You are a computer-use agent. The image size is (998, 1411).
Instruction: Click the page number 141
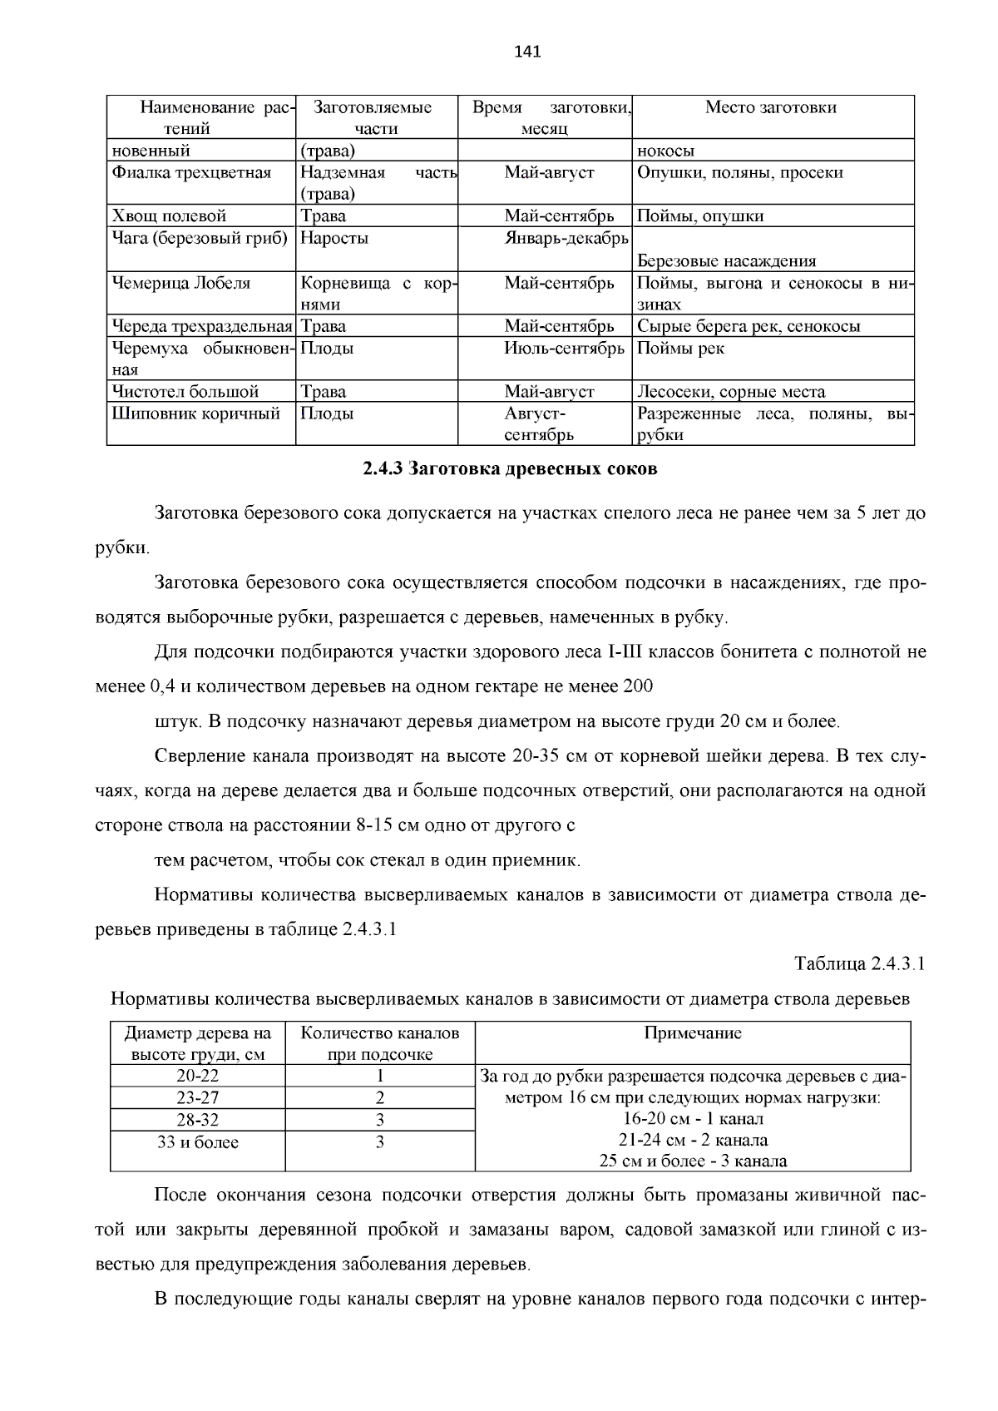(x=527, y=52)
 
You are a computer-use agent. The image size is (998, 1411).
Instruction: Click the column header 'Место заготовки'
(x=770, y=107)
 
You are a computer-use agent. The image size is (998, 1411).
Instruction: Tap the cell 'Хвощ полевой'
(x=170, y=216)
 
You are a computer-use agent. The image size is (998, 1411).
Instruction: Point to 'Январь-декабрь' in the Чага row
(x=566, y=239)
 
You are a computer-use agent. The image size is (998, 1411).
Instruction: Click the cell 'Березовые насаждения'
(x=726, y=261)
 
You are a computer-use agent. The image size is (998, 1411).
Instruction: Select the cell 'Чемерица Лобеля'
(x=181, y=283)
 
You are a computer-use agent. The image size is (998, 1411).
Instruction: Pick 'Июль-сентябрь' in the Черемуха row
(x=564, y=349)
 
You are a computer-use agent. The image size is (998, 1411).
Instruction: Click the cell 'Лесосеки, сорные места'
(x=731, y=392)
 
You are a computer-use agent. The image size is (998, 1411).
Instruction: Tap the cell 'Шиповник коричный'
(x=196, y=413)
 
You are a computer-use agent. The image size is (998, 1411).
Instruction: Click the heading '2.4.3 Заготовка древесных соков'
(x=510, y=469)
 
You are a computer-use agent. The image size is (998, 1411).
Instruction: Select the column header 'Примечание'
(x=693, y=1033)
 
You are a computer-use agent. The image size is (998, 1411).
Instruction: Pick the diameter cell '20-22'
(x=198, y=1076)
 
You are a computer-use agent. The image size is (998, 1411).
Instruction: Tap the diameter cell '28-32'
(x=198, y=1120)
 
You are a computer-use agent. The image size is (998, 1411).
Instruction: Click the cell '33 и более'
(x=198, y=1142)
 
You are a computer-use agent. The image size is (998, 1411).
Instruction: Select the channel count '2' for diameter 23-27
(x=380, y=1098)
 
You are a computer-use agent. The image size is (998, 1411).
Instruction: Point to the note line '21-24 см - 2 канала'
(x=693, y=1140)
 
